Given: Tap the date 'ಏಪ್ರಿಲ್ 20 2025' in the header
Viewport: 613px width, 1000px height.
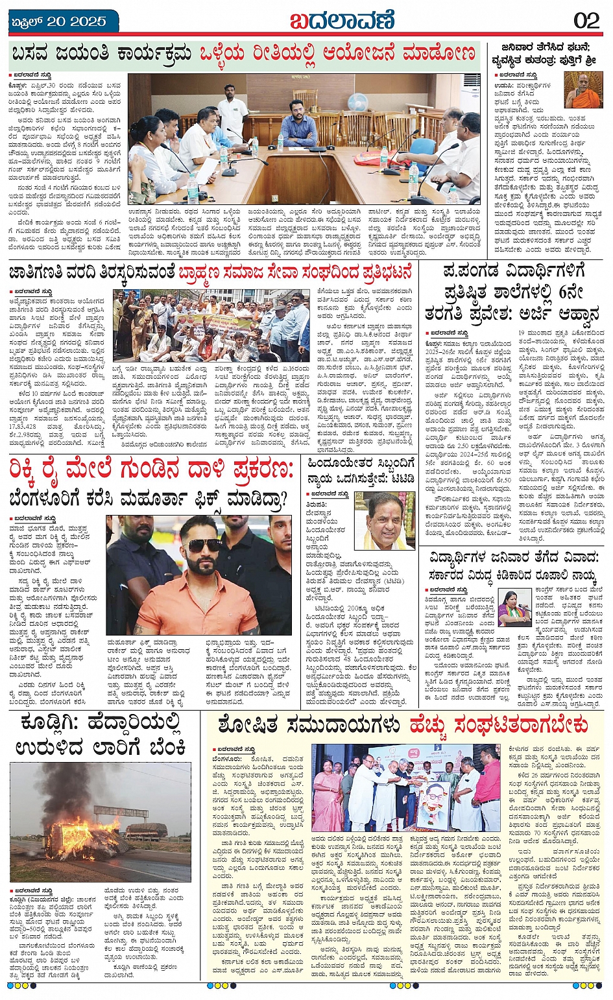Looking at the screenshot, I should (x=59, y=21).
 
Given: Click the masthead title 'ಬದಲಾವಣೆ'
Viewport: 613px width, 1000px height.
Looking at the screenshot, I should (x=341, y=20).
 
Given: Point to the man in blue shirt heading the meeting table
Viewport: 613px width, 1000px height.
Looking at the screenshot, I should (x=298, y=122).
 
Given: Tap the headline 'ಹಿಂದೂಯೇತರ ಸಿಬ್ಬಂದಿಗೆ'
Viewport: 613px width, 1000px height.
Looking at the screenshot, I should (x=361, y=464).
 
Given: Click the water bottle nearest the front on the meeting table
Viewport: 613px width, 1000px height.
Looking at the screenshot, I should (x=192, y=188).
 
